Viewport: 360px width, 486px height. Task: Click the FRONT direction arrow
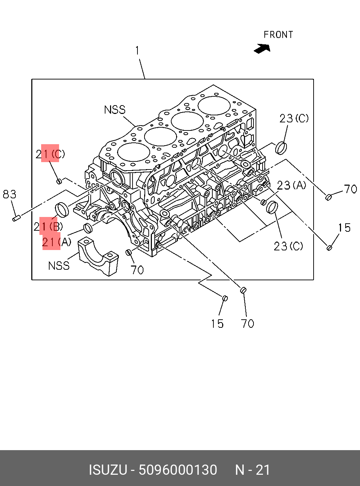[262, 48]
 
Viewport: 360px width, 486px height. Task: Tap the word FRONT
[278, 35]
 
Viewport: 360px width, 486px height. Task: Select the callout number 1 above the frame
[137, 51]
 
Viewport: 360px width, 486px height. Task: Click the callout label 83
[9, 194]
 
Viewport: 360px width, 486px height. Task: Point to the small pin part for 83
[15, 219]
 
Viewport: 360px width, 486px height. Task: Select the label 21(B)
[49, 226]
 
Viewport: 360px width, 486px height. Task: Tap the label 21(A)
[56, 242]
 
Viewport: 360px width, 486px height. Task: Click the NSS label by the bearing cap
[59, 266]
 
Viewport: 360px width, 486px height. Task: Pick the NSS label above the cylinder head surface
[115, 110]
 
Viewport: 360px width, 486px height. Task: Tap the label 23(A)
[291, 185]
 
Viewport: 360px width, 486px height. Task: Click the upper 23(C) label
[294, 119]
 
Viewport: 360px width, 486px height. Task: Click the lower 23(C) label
[288, 246]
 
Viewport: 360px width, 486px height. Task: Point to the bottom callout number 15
[217, 324]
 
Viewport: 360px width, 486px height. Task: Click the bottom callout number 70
[247, 324]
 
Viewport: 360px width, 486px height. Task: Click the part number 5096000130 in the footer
[178, 470]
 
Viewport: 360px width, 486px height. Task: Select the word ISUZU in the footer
[108, 470]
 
